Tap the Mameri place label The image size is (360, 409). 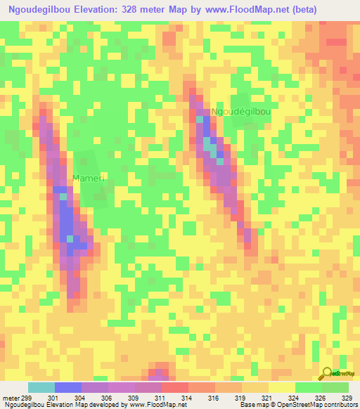tap(89, 179)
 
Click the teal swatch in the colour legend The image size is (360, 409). tap(41, 387)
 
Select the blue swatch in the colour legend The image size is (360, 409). tap(68, 387)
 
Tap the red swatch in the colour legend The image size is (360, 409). tap(175, 387)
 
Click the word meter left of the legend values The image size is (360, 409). tap(11, 397)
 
